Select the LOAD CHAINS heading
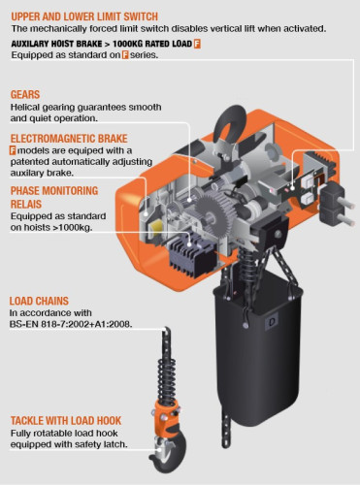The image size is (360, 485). pyautogui.click(x=40, y=302)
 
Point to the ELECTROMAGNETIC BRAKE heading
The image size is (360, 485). pyautogui.click(x=69, y=139)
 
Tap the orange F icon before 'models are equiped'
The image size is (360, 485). pyautogui.click(x=13, y=152)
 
